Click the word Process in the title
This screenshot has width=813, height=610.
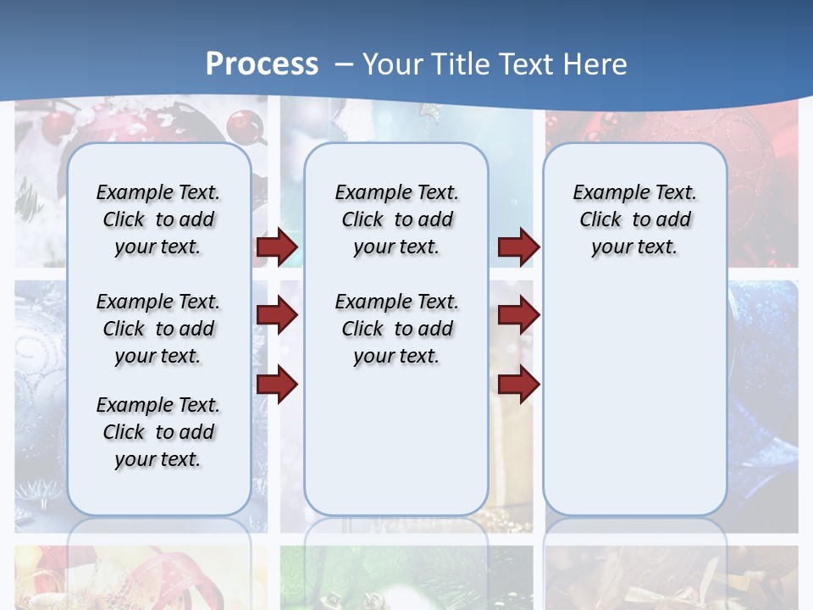[x=262, y=64]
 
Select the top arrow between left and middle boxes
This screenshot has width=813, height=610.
[x=277, y=247]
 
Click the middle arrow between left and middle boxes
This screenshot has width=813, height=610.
[x=277, y=315]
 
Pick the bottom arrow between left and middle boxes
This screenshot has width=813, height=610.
[x=277, y=385]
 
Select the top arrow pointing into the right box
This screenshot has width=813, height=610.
[x=518, y=247]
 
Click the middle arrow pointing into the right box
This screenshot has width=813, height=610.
[x=518, y=315]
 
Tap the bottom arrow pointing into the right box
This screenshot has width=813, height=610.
[x=518, y=385]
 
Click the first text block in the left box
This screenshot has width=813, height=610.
[x=158, y=219]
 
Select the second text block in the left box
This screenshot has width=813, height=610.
[x=158, y=329]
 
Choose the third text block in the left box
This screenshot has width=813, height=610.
[x=158, y=432]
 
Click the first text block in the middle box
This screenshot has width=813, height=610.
[x=396, y=219]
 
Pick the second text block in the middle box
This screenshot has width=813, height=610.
[x=396, y=329]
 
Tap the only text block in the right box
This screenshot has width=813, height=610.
[x=634, y=219]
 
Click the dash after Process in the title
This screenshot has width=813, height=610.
[x=344, y=64]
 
